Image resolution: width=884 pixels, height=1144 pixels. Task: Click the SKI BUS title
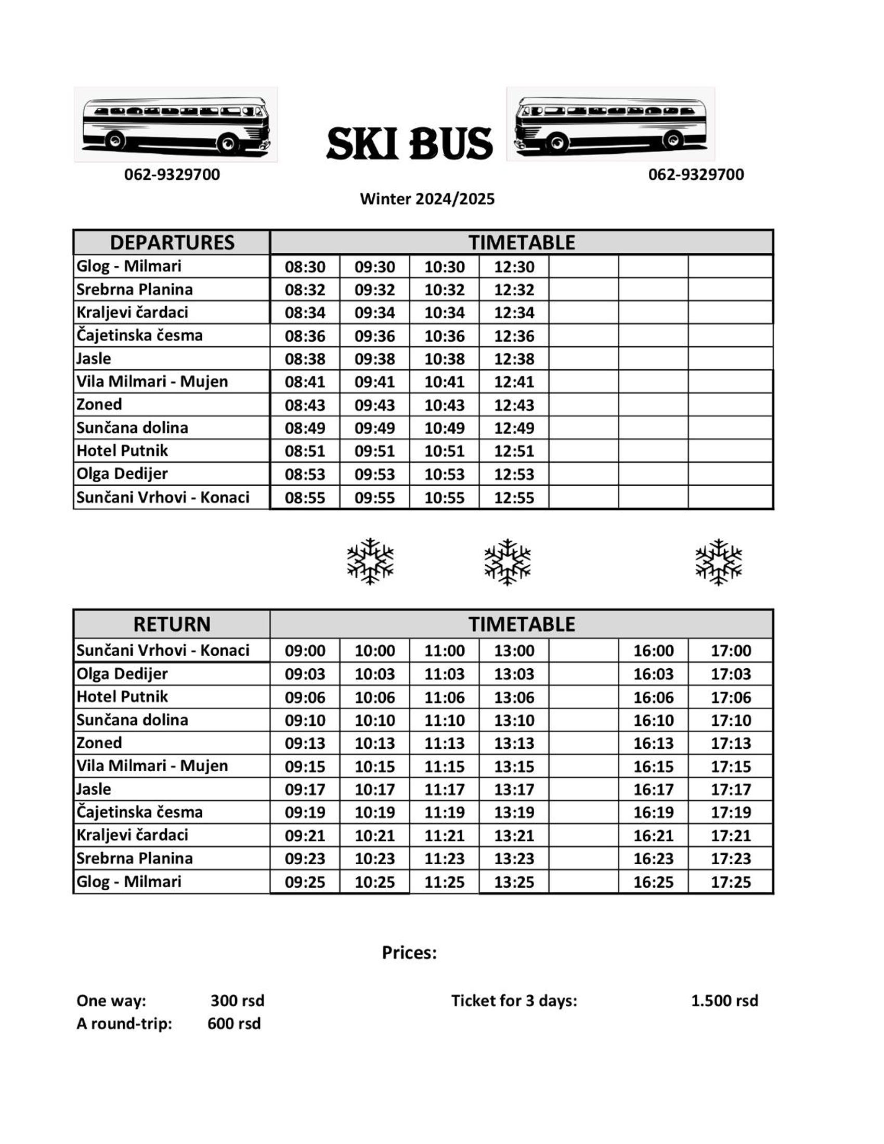(x=409, y=143)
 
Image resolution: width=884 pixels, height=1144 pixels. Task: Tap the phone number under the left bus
(x=172, y=174)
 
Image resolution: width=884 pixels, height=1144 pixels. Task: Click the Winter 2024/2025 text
(x=427, y=199)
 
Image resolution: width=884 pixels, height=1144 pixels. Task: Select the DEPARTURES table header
(x=172, y=242)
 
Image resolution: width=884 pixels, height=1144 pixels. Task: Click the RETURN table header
(x=172, y=625)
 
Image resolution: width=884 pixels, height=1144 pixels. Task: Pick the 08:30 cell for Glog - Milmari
(x=305, y=267)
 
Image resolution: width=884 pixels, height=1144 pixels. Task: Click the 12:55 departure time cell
(x=514, y=498)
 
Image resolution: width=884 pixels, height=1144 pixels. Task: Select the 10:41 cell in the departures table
(x=444, y=382)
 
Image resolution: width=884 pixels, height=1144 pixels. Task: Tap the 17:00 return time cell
(x=731, y=651)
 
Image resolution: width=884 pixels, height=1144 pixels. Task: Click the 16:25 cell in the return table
(x=653, y=882)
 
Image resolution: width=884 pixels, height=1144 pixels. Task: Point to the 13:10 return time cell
(x=514, y=720)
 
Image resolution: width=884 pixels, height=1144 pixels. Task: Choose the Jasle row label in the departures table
(x=94, y=359)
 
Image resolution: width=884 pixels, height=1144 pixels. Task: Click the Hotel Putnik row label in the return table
(x=122, y=697)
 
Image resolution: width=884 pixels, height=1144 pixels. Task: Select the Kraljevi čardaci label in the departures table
(x=132, y=313)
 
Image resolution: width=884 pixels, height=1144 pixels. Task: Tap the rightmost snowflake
(x=718, y=562)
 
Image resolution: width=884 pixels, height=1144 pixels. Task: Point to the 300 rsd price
(x=237, y=1001)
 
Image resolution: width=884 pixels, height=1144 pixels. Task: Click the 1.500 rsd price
(x=724, y=1001)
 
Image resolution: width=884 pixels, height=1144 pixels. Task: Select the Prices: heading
(x=409, y=952)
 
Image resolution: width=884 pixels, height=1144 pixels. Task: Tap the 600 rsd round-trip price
(x=233, y=1023)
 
